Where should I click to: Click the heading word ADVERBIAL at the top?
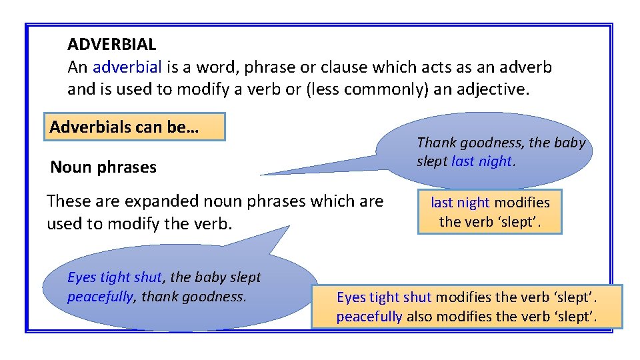(x=111, y=45)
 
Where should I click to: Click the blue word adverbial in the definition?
(x=127, y=67)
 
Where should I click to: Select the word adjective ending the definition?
(x=491, y=89)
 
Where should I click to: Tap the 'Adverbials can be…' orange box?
(x=135, y=127)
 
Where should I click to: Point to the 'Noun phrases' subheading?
(x=103, y=167)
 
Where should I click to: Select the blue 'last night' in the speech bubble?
(x=481, y=161)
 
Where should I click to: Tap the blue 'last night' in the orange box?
(x=459, y=203)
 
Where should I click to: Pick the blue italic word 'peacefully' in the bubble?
(x=100, y=297)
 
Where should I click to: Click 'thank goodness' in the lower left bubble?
(x=194, y=297)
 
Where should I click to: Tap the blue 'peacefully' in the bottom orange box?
(x=369, y=317)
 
